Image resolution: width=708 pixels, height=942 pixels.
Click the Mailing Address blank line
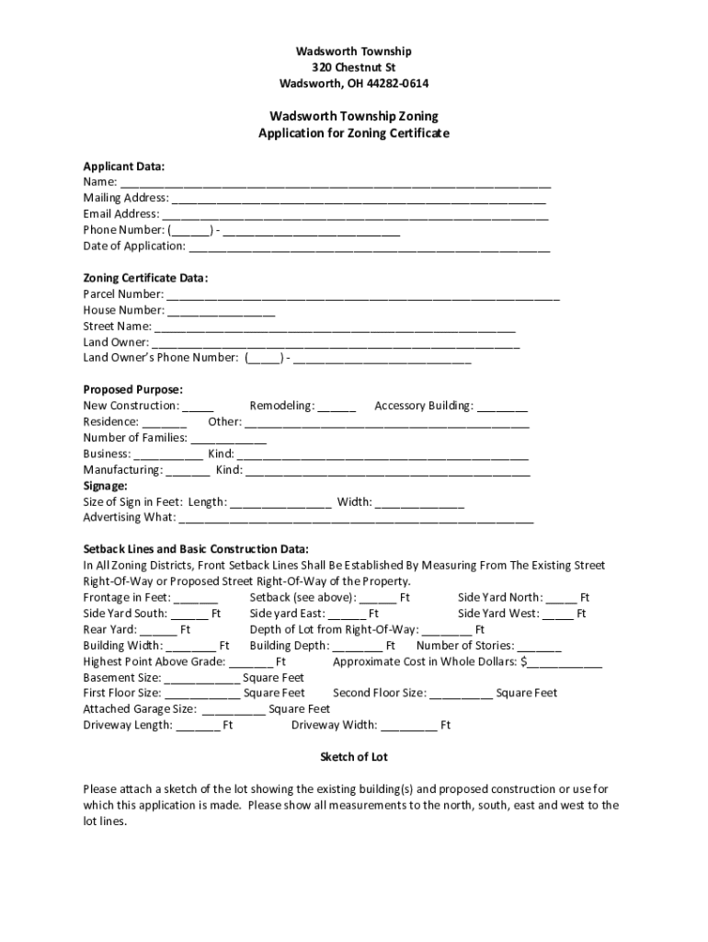[359, 199]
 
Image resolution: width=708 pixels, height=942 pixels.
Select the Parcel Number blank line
[363, 296]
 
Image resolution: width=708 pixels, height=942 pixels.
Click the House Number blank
[222, 312]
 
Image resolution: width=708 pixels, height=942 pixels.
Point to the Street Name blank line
[336, 327]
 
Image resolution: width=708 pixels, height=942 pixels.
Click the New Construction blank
[199, 408]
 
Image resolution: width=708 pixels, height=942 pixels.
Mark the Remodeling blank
[337, 408]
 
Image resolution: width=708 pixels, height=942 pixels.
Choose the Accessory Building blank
[503, 408]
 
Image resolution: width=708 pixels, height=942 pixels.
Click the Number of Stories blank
[540, 648]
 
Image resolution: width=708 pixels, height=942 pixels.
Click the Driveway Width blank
[409, 727]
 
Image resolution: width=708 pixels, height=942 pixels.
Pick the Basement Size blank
[203, 679]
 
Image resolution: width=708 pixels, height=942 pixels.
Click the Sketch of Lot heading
[354, 757]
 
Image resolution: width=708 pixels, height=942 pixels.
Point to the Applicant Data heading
[124, 167]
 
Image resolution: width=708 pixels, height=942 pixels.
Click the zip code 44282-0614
[394, 84]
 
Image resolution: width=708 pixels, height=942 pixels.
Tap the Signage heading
[106, 486]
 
